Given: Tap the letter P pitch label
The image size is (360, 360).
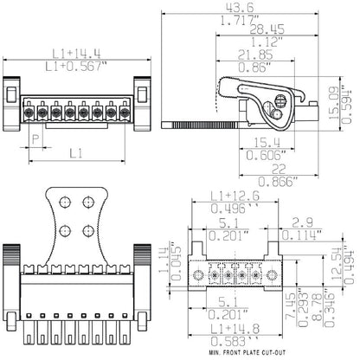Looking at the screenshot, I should [35, 138].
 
